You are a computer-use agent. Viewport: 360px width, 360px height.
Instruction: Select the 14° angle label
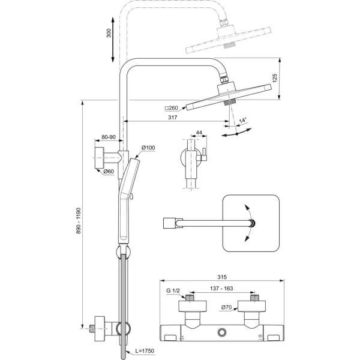(243, 119)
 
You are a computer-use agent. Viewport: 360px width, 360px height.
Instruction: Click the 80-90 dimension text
(109, 137)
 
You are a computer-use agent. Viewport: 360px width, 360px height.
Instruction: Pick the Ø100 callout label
(148, 147)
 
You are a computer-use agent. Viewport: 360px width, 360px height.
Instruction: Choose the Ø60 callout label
(109, 172)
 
